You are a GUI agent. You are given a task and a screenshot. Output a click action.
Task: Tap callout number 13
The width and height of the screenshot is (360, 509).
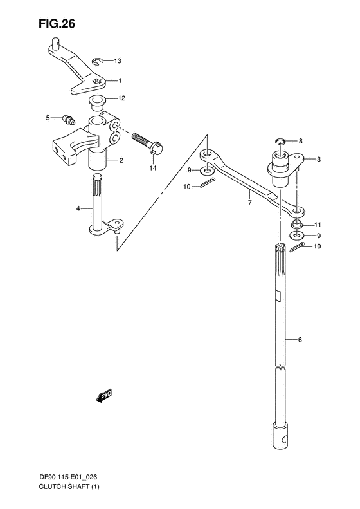click(117, 61)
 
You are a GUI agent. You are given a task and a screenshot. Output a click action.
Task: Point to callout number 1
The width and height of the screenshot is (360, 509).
click(118, 81)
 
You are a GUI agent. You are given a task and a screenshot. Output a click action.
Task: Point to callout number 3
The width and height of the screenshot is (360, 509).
click(309, 158)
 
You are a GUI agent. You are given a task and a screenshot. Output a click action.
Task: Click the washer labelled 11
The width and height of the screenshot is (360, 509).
click(296, 224)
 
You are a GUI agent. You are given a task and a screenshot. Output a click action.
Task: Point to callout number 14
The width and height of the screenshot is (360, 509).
click(152, 168)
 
